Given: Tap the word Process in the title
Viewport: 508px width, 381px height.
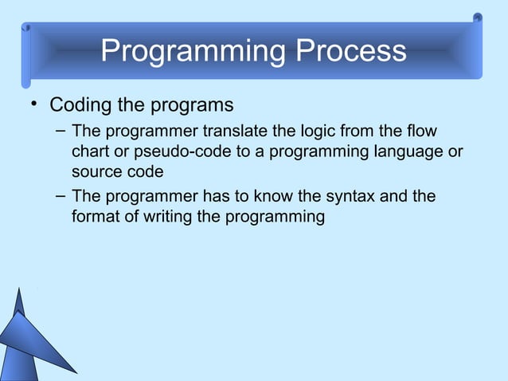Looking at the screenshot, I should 351,52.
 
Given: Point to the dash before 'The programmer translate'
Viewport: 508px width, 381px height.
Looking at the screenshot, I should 61,130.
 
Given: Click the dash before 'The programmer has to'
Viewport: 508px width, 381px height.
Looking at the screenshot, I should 61,195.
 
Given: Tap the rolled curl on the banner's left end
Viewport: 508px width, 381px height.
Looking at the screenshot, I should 26,53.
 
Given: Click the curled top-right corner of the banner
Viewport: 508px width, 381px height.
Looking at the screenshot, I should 476,18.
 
